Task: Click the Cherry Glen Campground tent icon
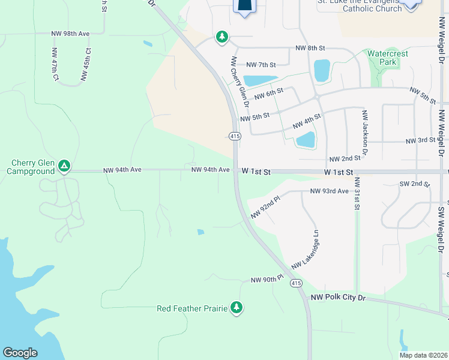coord(64,166)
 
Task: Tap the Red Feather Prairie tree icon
coord(237,308)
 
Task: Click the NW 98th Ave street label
coord(71,34)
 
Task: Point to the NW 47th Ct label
coord(55,64)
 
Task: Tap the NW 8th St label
coord(310,47)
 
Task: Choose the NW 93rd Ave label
coord(329,191)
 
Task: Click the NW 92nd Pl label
coord(265,205)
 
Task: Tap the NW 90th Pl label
coord(267,280)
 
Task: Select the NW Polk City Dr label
coord(338,298)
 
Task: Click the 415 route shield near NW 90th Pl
coord(295,283)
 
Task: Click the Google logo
coord(20,353)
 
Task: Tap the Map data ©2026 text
coord(423,355)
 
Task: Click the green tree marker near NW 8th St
coord(223,37)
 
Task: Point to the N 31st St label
coord(356,193)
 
